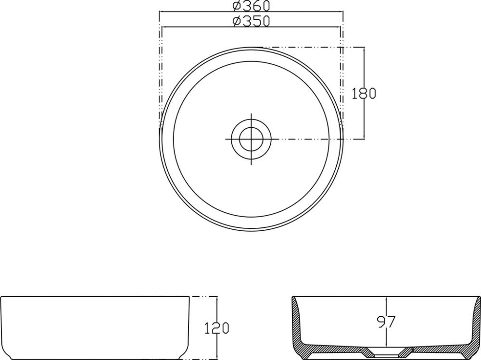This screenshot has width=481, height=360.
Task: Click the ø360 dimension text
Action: coord(250,6)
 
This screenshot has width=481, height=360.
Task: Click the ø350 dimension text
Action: coord(250,21)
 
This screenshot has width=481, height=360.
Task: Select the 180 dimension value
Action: coord(364,93)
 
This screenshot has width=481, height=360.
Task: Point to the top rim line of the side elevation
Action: coord(96,297)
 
